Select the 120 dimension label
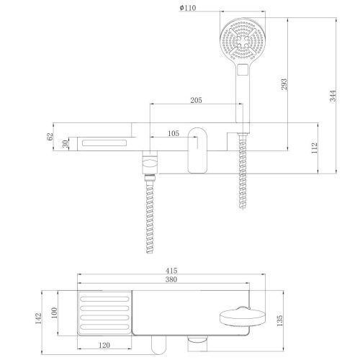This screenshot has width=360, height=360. pyautogui.click(x=105, y=346)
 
